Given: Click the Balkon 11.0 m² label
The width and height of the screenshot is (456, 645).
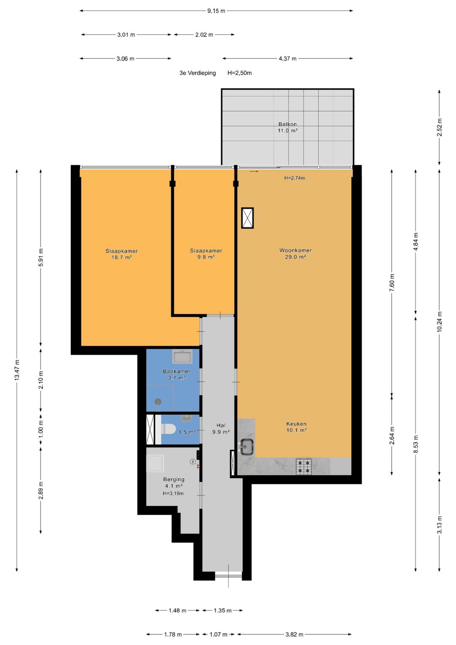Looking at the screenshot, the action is point(288,127).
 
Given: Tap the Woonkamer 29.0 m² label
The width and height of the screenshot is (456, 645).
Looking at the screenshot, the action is point(296,254).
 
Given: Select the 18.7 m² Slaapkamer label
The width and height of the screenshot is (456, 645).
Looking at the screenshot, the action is point(122,254).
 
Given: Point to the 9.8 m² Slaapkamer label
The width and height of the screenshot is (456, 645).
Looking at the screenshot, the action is point(206,254).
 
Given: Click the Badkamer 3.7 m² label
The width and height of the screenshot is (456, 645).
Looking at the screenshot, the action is point(176,374).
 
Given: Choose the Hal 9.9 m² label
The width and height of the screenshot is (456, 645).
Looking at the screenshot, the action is point(221,428).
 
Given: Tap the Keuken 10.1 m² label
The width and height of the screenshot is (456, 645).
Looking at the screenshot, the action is point(296,427).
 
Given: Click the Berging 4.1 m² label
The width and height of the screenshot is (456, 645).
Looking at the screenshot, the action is point(174,483).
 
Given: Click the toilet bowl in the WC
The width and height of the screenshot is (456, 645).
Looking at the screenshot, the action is point(168,429).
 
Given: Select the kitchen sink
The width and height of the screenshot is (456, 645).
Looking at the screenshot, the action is point(247,446).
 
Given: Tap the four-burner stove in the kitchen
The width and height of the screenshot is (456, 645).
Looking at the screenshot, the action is point(304,466).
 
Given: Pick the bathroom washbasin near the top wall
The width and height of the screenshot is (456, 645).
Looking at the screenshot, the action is point(182,357).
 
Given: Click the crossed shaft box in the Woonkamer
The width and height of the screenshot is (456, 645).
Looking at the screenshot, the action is point(247,218).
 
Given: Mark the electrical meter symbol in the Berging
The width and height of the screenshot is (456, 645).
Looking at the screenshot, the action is point(193,462).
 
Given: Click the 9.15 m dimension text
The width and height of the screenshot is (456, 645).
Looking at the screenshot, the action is point(216,11).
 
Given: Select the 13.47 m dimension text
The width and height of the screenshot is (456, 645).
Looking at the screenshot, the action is point(17,370).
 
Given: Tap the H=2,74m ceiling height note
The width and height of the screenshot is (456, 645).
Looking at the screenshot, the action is point(295,178).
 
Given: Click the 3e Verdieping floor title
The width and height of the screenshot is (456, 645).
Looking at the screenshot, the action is point(198,73).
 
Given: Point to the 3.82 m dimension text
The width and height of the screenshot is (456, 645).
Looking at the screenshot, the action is point(294,634).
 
